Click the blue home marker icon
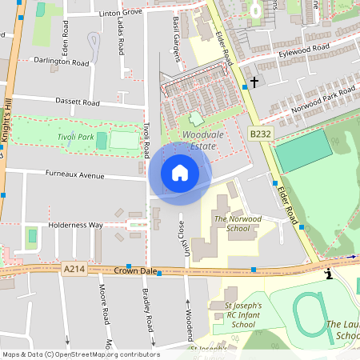pos(180,173)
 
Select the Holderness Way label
pos(75,226)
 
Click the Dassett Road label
pos(78,102)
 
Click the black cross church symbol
pos(255,82)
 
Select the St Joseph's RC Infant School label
pos(232,314)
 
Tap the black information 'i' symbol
pos(328,274)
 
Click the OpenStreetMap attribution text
pos(81,354)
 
